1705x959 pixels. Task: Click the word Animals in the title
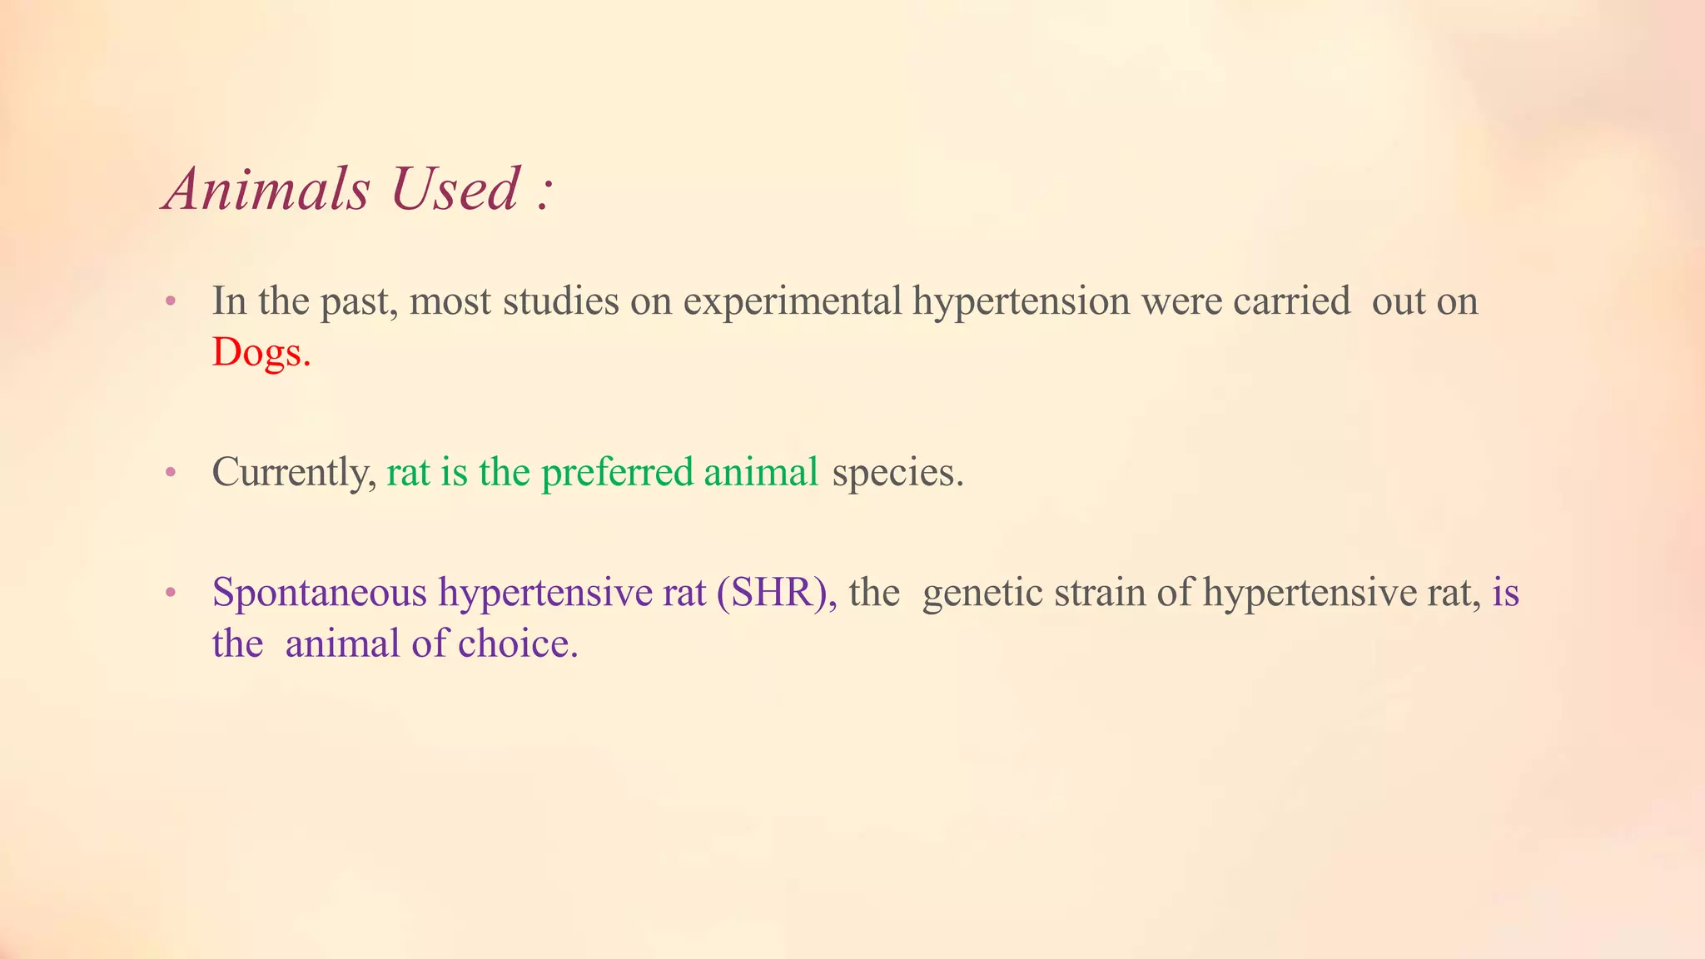(x=267, y=190)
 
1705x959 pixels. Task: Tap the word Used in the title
(x=455, y=190)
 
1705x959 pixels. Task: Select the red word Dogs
(x=261, y=353)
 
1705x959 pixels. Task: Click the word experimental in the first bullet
(x=793, y=301)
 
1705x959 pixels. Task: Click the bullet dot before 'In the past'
(x=171, y=301)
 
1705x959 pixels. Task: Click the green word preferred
(x=617, y=473)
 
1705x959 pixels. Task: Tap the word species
(x=897, y=473)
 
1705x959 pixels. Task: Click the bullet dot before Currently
(x=171, y=473)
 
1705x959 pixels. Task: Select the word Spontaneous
(x=320, y=594)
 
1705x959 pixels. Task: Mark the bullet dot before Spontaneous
(x=171, y=594)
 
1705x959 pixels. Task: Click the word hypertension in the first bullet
(x=1022, y=301)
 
